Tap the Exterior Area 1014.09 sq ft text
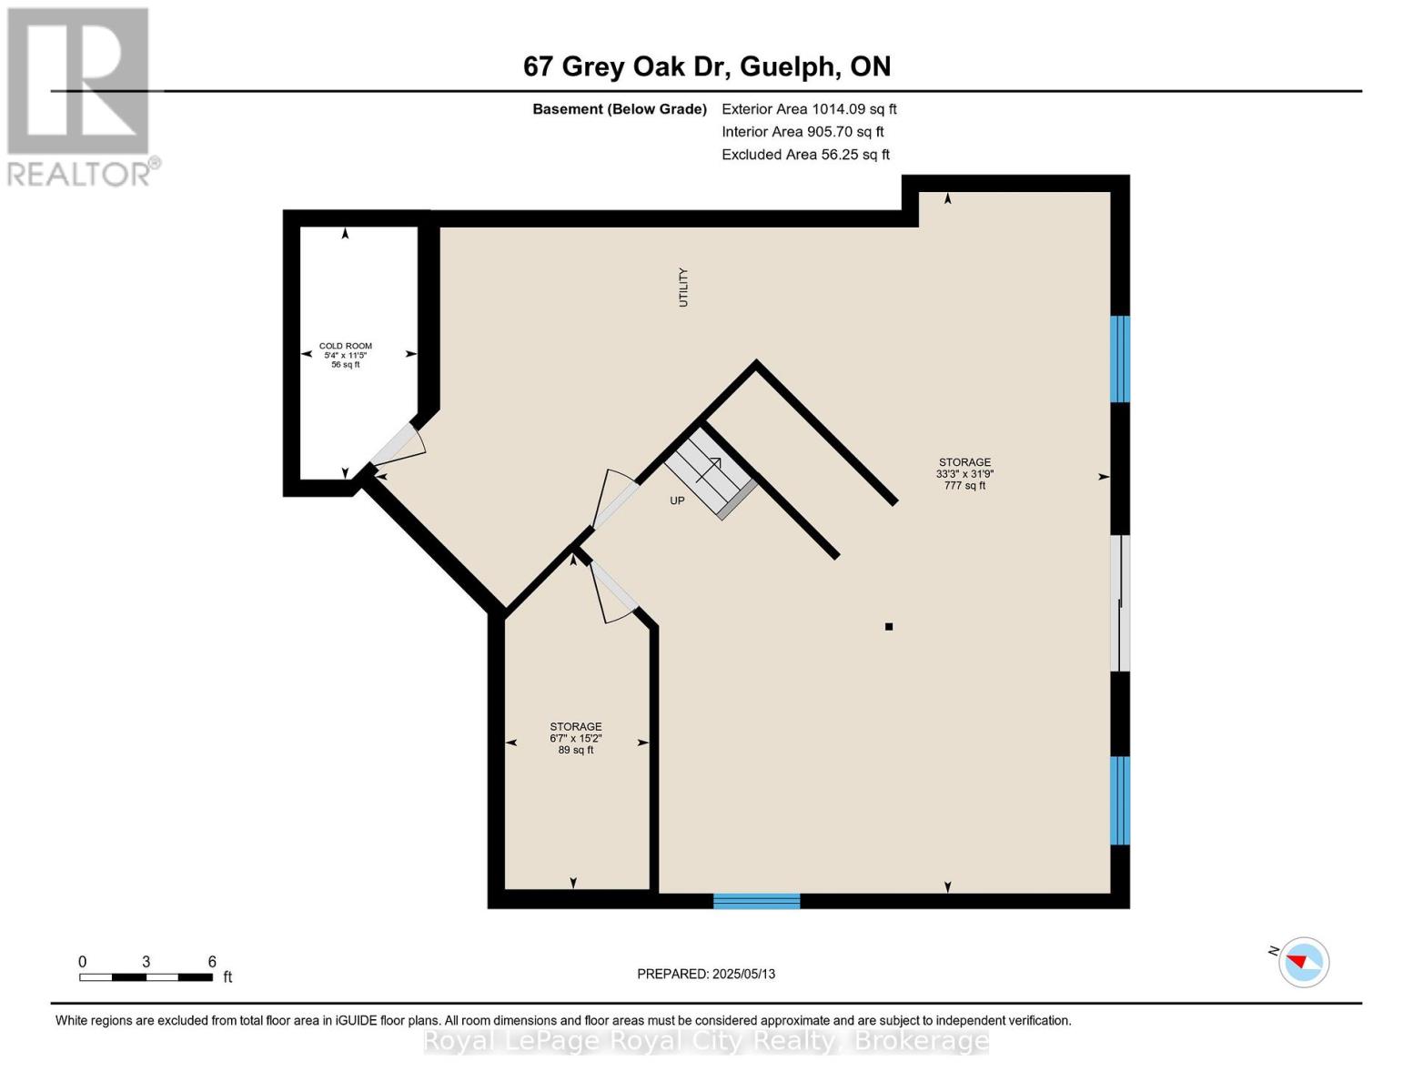coord(809,109)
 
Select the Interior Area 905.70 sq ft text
coord(802,132)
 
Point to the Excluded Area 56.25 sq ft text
coord(805,155)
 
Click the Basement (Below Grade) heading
coord(619,109)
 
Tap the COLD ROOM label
coord(345,347)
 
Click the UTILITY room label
coord(683,287)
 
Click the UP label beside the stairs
coord(677,500)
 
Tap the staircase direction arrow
coord(710,469)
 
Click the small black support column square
coord(889,626)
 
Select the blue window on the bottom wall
coord(756,901)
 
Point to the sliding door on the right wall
coord(1121,602)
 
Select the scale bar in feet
coord(146,977)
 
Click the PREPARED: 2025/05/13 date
coord(706,974)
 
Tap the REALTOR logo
coord(80,96)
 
